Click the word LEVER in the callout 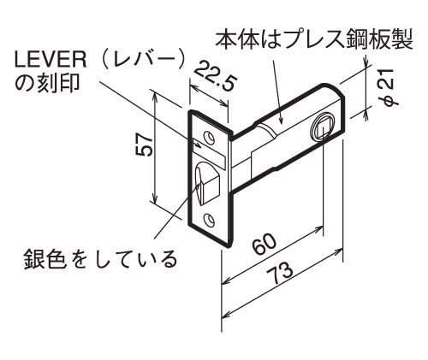pos(51,61)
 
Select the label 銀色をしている pos(100,258)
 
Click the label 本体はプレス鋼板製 pos(314,40)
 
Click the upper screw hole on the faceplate pos(210,138)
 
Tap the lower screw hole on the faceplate pos(210,219)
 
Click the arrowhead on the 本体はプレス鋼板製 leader pos(281,121)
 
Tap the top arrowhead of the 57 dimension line pos(155,97)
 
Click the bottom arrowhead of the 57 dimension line pos(155,199)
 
